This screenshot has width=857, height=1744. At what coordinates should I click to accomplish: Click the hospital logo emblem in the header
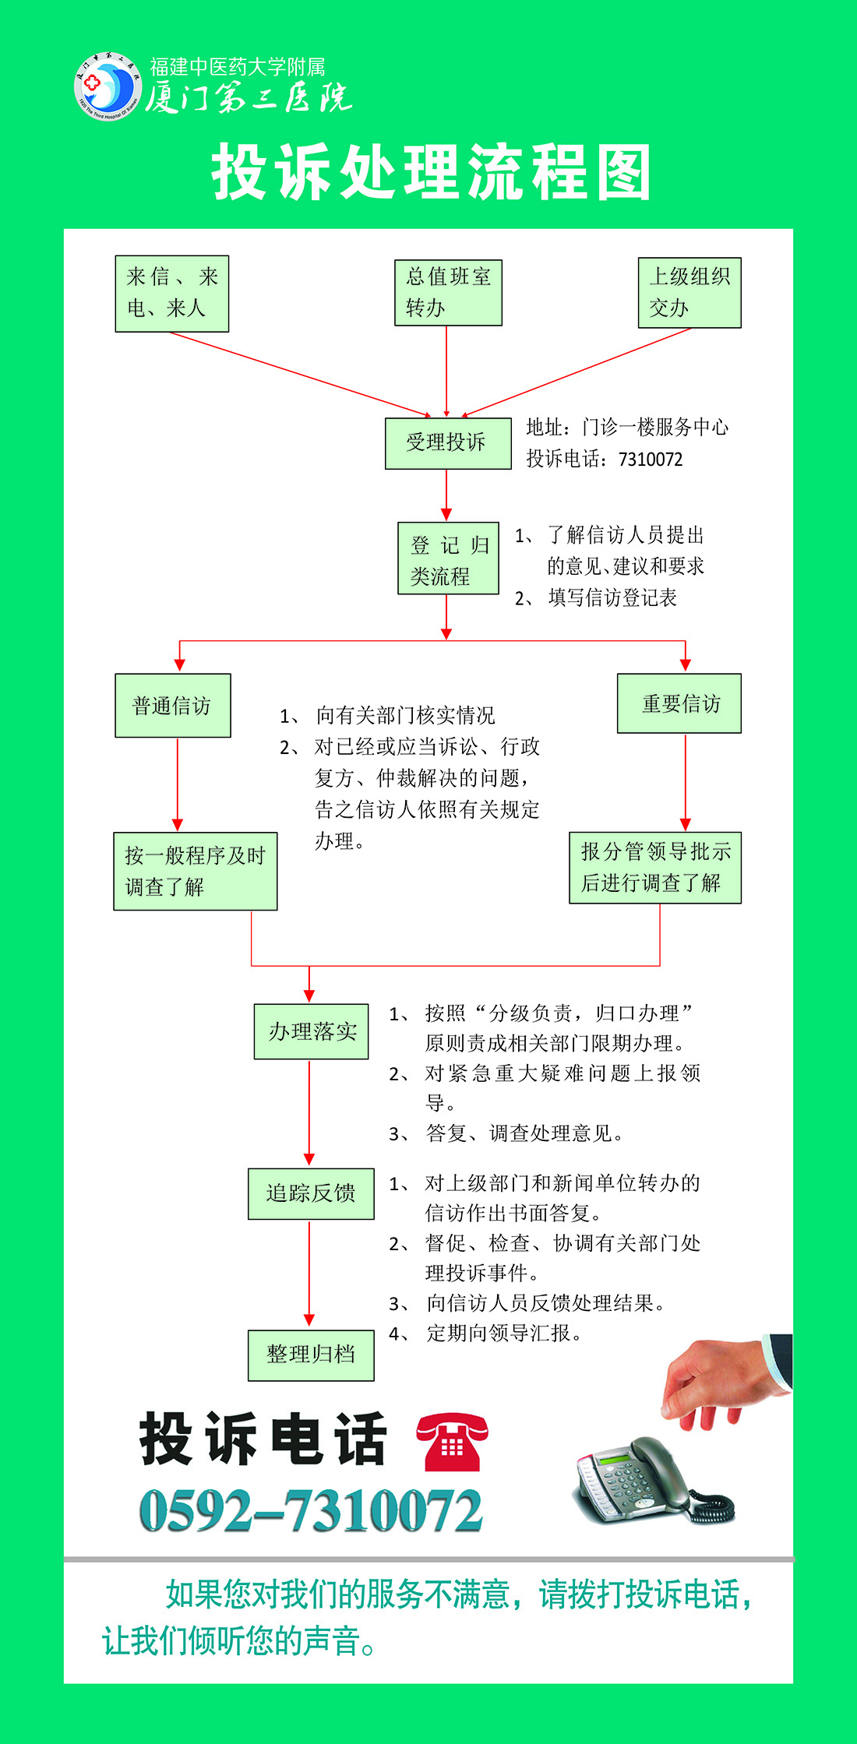pyautogui.click(x=108, y=86)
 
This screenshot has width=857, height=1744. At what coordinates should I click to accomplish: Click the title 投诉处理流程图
pyautogui.click(x=431, y=172)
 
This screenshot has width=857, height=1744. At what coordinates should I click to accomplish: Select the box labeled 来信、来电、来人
pyautogui.click(x=172, y=294)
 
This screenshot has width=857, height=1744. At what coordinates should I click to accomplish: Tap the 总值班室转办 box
pyautogui.click(x=448, y=293)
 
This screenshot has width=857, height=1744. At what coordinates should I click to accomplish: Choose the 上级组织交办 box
pyautogui.click(x=689, y=293)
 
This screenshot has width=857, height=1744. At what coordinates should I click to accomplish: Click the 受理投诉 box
pyautogui.click(x=448, y=443)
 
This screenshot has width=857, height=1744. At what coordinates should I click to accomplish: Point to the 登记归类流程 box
pyautogui.click(x=448, y=558)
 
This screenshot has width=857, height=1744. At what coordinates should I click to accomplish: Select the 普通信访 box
pyautogui.click(x=173, y=706)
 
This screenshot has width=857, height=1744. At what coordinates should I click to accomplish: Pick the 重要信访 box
pyautogui.click(x=679, y=703)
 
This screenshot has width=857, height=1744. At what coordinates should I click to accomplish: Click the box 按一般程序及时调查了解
pyautogui.click(x=196, y=871)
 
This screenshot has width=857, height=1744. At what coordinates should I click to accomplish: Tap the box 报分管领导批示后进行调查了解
pyautogui.click(x=655, y=868)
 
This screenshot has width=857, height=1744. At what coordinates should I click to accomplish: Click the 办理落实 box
pyautogui.click(x=311, y=1031)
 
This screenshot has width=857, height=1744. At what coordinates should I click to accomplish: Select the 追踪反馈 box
pyautogui.click(x=311, y=1193)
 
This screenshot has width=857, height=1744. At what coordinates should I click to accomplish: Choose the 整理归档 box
pyautogui.click(x=311, y=1355)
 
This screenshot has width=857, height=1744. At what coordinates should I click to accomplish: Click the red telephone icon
pyautogui.click(x=452, y=1443)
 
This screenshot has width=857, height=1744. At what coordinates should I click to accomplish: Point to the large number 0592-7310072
pyautogui.click(x=311, y=1512)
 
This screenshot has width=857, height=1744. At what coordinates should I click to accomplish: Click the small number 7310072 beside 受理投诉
pyautogui.click(x=651, y=460)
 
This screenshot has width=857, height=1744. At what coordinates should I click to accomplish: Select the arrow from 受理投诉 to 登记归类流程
pyautogui.click(x=446, y=495)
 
